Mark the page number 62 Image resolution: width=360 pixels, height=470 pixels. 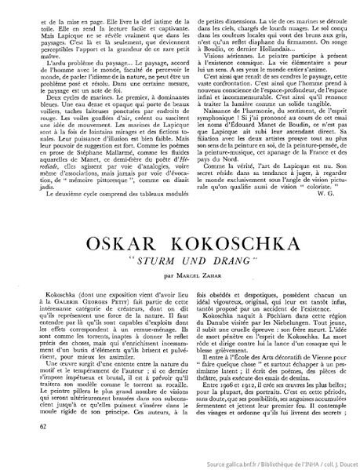pos(41,447)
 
